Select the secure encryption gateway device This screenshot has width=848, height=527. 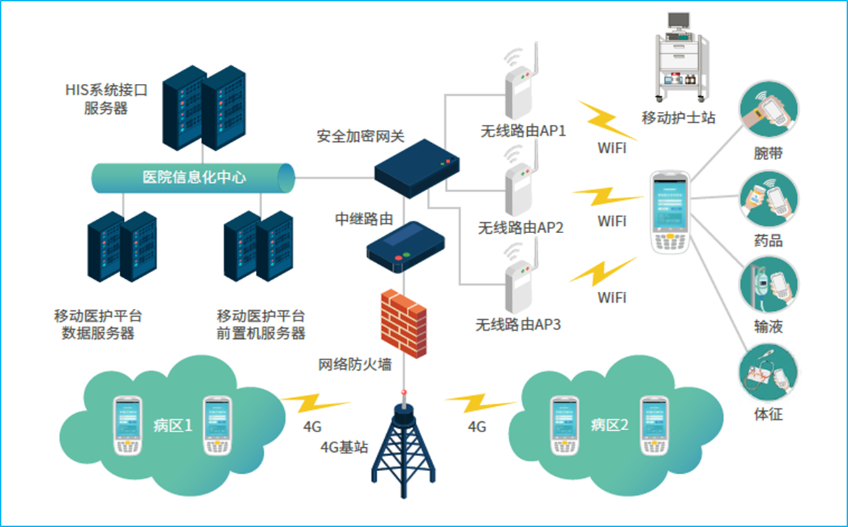pos(417,168)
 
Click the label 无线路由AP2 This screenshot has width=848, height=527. pos(520,228)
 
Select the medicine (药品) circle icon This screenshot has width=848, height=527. pos(768,198)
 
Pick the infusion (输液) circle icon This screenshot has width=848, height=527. pos(768,284)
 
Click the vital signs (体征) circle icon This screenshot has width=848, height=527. pos(768,372)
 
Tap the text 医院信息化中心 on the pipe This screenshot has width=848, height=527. pos(194,178)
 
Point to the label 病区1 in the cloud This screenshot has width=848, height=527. pos(173,426)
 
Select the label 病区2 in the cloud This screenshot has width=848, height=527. pos(610,425)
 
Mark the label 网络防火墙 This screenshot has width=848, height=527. pos(355,364)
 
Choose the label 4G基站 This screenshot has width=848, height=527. pos(344,447)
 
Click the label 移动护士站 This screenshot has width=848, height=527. pos(678,117)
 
